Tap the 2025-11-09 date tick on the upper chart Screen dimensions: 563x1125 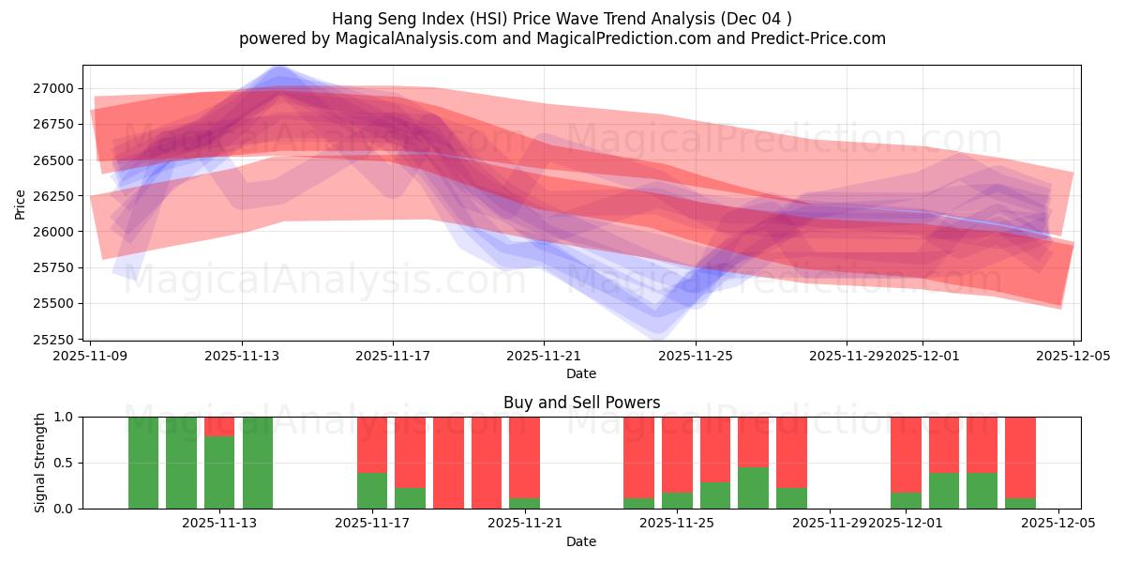pyautogui.click(x=91, y=357)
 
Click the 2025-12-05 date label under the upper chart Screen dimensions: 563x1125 pyautogui.click(x=1073, y=357)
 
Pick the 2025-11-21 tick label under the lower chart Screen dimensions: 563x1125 pyautogui.click(x=525, y=524)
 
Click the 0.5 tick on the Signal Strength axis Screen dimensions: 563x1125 pyautogui.click(x=66, y=463)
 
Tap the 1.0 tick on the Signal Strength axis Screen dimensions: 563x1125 pyautogui.click(x=66, y=417)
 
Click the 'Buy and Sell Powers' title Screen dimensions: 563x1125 pyautogui.click(x=581, y=403)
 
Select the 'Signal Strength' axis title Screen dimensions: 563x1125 pyautogui.click(x=40, y=463)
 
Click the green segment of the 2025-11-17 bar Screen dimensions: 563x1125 pyautogui.click(x=372, y=491)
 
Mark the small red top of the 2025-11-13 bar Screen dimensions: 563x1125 pyautogui.click(x=219, y=426)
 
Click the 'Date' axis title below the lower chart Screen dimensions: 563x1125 pyautogui.click(x=581, y=541)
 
